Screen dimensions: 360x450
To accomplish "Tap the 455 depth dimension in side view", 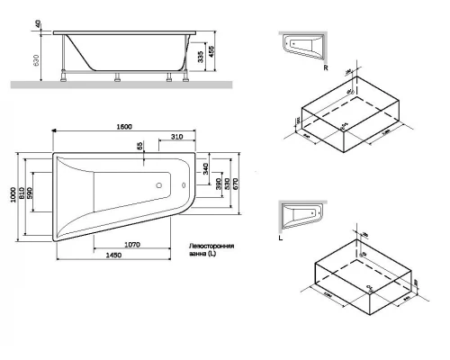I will pyautogui.click(x=211, y=52).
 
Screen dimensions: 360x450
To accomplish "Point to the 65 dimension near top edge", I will pyautogui.click(x=139, y=146).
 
